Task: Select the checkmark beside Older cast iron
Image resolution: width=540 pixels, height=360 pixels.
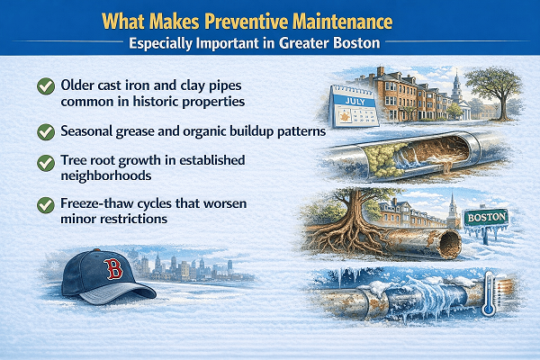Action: point(42,87)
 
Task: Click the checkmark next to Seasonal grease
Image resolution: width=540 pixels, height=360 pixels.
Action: point(42,131)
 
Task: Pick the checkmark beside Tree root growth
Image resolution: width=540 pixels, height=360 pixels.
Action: point(42,163)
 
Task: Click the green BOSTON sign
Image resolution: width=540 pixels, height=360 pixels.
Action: point(485,218)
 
